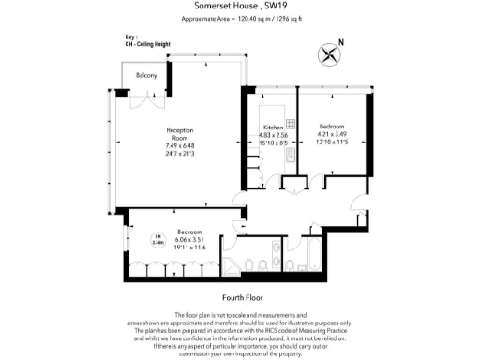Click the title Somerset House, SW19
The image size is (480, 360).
point(239,7)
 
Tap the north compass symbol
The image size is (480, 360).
point(329,53)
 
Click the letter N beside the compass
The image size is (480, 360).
point(341,42)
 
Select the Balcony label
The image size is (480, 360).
point(146,75)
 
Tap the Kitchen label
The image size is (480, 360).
point(273,127)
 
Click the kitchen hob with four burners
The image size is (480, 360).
point(291,125)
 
